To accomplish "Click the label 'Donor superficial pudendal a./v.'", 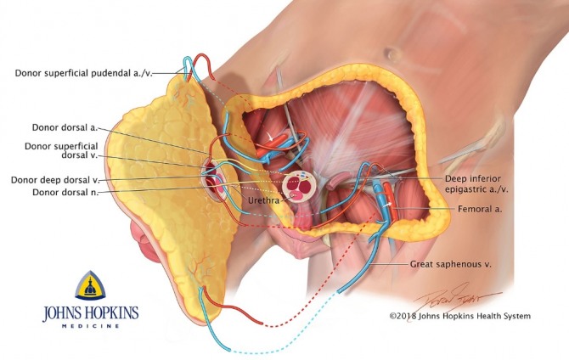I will coord(92,72).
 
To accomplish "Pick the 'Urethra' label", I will coord(264,201).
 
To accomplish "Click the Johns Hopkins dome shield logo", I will coord(90,286).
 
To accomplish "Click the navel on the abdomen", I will coord(392,55).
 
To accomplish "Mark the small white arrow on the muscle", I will coord(273,135).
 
